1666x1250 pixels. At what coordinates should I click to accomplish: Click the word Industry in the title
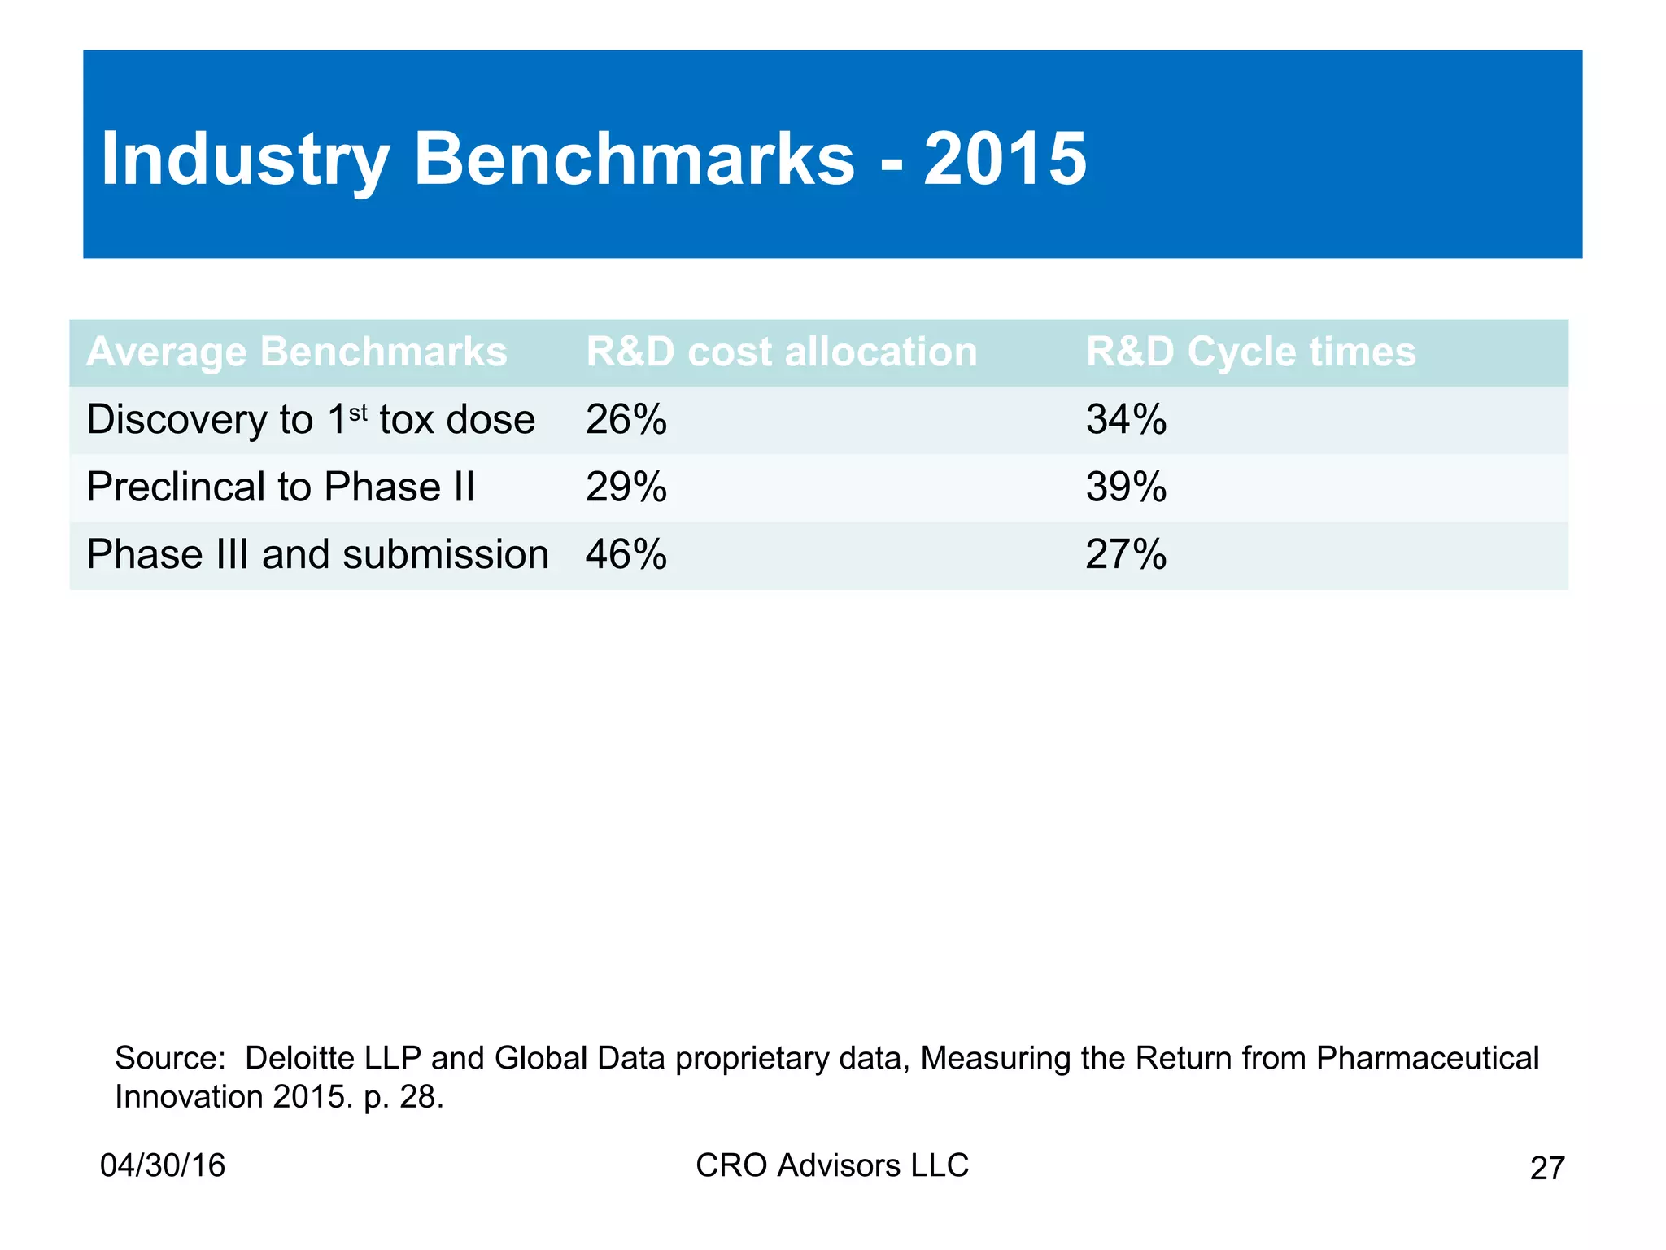(x=245, y=159)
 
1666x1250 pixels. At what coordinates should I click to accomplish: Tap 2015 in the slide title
(x=1005, y=159)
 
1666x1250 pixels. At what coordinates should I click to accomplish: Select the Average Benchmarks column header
(x=297, y=352)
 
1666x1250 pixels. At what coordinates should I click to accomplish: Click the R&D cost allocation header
(x=781, y=352)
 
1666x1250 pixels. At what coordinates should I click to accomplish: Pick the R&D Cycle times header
(x=1250, y=352)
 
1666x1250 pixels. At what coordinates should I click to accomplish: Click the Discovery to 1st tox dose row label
(x=311, y=420)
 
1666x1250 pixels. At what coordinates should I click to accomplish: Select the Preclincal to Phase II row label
(x=281, y=487)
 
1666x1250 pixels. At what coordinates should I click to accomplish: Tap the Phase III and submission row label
(x=317, y=555)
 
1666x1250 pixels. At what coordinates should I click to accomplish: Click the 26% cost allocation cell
(x=626, y=420)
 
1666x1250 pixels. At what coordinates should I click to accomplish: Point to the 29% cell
(x=626, y=487)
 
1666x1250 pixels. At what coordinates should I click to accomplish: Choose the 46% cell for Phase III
(x=626, y=555)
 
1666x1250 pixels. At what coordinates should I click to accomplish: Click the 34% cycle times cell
(x=1126, y=420)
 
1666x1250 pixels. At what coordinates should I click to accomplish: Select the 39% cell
(x=1126, y=487)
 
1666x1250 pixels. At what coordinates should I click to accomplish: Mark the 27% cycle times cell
(x=1126, y=555)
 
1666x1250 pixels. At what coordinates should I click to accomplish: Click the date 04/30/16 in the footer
(x=163, y=1165)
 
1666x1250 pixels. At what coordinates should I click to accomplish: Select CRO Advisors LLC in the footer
(x=832, y=1165)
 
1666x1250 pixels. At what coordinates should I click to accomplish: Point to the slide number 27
(x=1546, y=1169)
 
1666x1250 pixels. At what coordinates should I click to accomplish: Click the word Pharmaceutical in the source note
(x=1427, y=1058)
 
